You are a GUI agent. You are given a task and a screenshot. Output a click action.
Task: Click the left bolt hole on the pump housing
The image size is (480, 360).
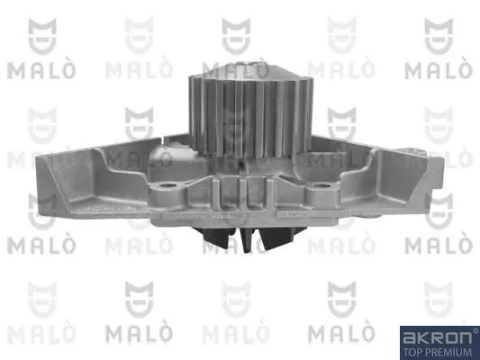tap(168, 185)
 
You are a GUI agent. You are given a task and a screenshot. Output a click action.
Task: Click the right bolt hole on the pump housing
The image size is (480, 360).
tap(321, 185)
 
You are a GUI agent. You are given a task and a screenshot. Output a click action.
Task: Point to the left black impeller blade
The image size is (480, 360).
tap(217, 237)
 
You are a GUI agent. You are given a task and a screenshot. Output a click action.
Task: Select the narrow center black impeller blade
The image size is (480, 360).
tap(247, 240)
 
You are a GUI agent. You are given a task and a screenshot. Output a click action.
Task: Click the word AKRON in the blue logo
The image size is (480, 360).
tap(437, 337)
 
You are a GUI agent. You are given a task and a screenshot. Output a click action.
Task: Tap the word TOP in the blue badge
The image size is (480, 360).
tap(412, 352)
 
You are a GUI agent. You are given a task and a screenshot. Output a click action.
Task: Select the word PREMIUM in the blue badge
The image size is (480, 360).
tap(448, 352)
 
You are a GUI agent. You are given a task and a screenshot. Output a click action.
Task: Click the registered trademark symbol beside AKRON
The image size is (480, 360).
tap(475, 330)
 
